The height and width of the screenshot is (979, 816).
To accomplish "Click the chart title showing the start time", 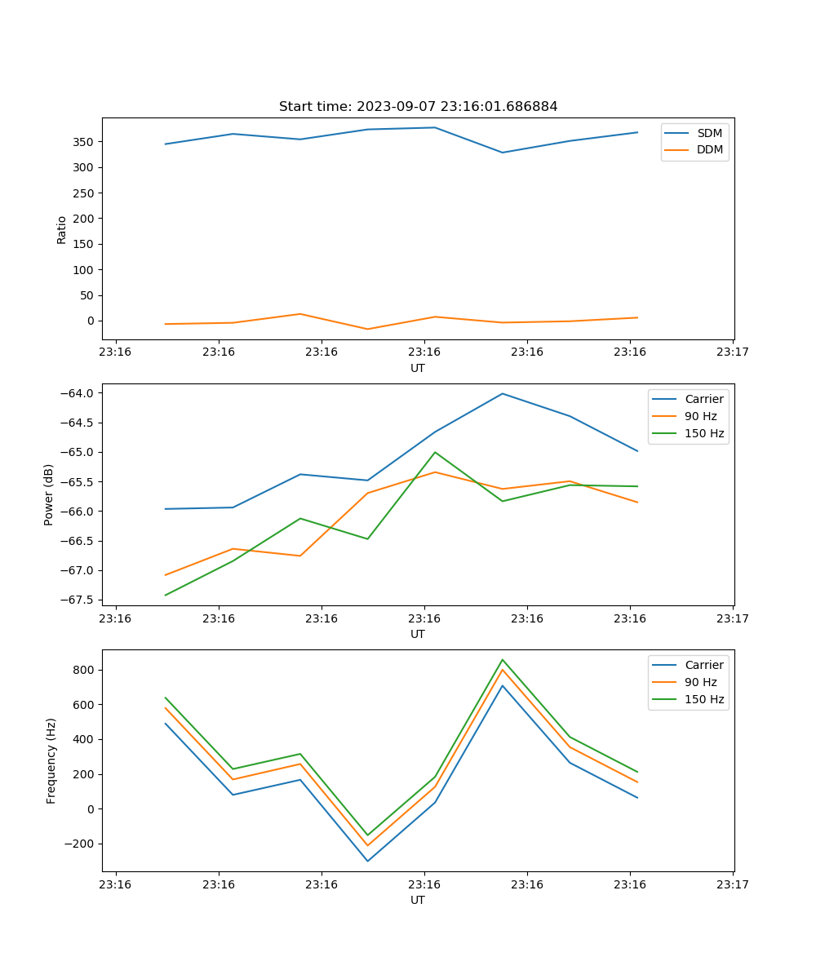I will point(418,107).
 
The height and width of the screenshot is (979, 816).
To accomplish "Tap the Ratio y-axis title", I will point(62,228).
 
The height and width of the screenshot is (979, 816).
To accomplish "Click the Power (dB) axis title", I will point(50,494).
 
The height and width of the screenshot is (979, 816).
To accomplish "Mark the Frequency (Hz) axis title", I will point(51,760).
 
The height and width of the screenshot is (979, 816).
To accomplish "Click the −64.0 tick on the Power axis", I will point(75,393).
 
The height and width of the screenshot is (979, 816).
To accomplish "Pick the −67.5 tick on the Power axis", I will point(75,600).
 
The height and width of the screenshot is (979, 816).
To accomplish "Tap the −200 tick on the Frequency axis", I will point(78,844).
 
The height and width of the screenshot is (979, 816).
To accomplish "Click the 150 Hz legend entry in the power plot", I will point(704,433).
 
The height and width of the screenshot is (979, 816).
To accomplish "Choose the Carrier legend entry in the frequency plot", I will point(703,665).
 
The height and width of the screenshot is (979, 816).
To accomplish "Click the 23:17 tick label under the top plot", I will point(732,352).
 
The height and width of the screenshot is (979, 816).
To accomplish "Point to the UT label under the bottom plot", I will point(418,900).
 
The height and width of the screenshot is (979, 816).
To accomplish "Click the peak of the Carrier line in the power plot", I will point(503,393).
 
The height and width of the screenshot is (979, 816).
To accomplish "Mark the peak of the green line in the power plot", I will point(435,452).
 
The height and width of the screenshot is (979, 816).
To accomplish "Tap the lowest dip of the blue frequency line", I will point(367,861).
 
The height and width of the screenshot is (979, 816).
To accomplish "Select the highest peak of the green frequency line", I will point(503,659).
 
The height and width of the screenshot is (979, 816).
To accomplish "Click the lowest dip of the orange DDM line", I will point(367,329).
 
